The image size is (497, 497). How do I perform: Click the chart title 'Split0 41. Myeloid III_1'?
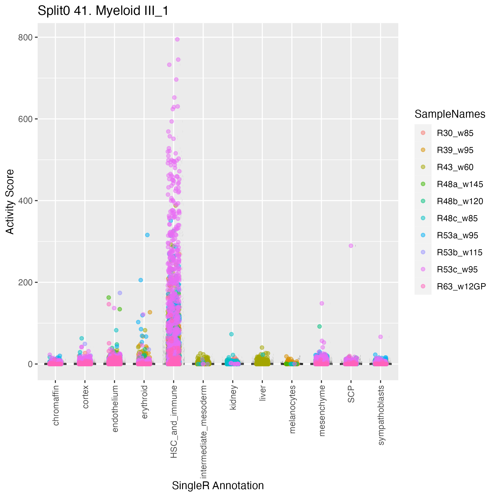point(103,11)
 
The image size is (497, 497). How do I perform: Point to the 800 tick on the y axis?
point(25,38)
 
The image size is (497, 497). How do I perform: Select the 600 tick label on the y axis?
point(25,119)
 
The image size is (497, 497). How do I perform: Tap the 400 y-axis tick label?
point(25,201)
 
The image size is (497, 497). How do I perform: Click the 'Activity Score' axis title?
point(10,202)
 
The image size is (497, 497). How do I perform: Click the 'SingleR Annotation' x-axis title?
point(218,486)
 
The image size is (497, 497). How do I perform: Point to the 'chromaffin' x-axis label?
point(56,405)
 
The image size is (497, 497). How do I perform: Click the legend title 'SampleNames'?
point(450,114)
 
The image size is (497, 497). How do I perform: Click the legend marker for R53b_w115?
point(423,252)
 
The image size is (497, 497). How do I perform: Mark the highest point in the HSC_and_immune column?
point(177,39)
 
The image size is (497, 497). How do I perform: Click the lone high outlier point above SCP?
point(351,246)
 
